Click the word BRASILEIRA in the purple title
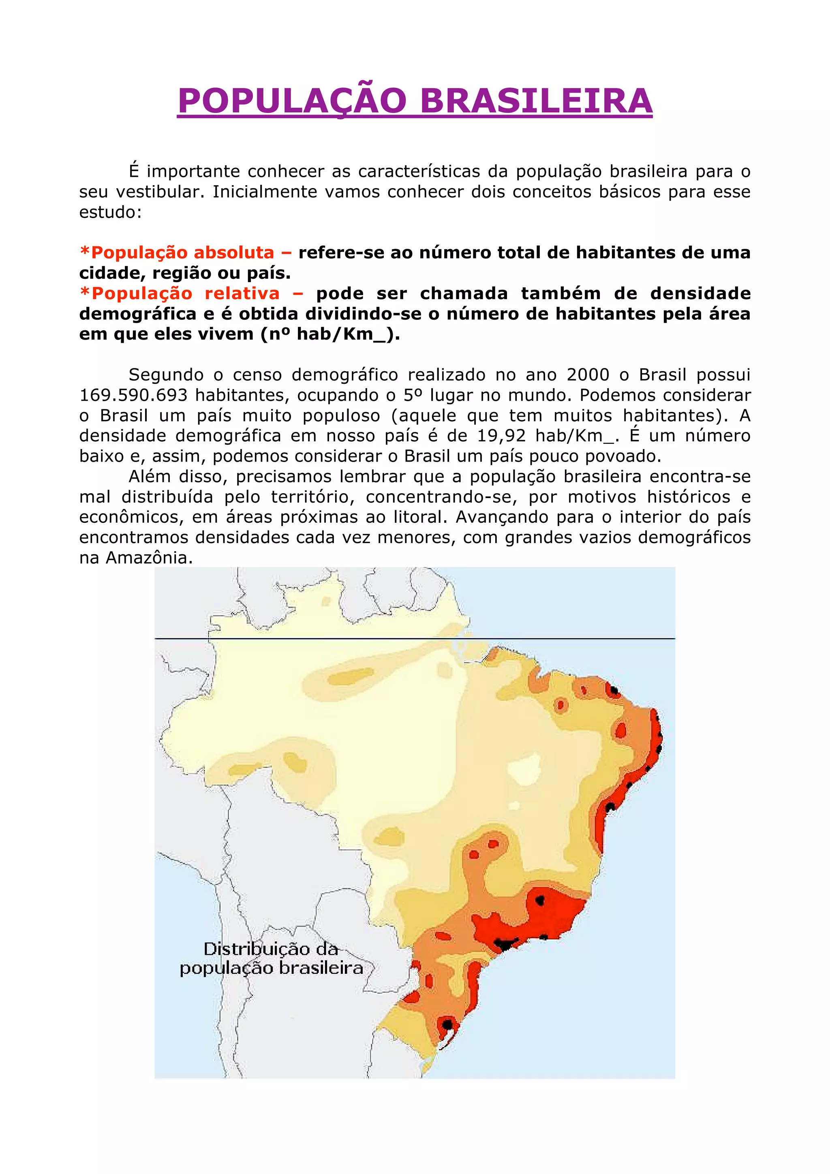[x=535, y=101]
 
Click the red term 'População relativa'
[x=186, y=293]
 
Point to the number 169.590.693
[x=134, y=395]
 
